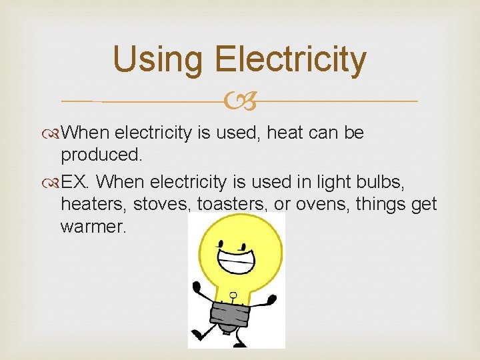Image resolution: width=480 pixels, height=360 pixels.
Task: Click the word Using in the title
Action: pos(157,59)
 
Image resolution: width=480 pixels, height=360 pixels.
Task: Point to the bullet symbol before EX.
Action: pos(54,182)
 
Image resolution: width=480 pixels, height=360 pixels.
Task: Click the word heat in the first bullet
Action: pos(286,133)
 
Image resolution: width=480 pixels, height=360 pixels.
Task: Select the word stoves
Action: pos(157,204)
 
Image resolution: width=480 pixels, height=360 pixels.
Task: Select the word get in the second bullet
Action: pos(424,204)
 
